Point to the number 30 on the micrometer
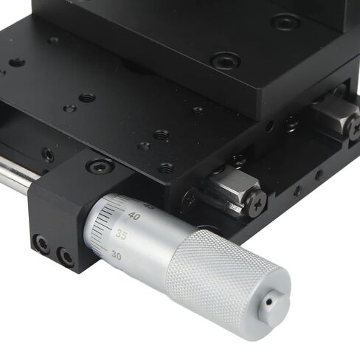coord(117,255)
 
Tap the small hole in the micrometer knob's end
coord(272,300)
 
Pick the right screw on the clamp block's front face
coord(66,257)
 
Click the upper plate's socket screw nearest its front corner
coord(225,60)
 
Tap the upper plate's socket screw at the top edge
coord(285,21)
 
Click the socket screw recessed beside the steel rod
coord(48,155)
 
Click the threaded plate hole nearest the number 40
coord(165,168)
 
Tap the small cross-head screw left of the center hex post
coord(190,198)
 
